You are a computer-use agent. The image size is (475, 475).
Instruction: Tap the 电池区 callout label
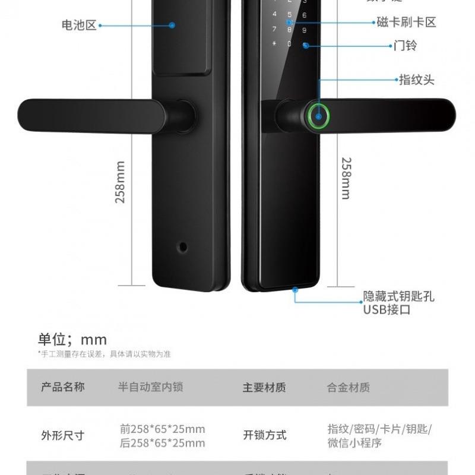pos(78,25)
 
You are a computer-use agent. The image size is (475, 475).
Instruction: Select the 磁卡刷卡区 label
pos(406,23)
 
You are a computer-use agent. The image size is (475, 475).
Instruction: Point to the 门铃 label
pos(406,45)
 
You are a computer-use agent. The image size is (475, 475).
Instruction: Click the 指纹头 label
pos(417,80)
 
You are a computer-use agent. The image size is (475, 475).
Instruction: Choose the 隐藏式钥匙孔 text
pos(398,296)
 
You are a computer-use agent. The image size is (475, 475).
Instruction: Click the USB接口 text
pos(387,309)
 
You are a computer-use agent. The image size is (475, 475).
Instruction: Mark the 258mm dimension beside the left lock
pos(120,182)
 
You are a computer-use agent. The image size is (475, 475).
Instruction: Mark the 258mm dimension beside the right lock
pos(346,178)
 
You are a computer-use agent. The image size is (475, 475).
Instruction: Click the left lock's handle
pos(89,116)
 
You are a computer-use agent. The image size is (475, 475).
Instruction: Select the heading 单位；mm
pos(72,339)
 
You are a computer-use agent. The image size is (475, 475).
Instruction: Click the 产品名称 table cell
pos(62,387)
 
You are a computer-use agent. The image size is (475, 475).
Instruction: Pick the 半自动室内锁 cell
pos(150,387)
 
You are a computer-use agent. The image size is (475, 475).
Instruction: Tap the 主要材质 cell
pos(264,387)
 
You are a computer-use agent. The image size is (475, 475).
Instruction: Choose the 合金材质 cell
pos(349,387)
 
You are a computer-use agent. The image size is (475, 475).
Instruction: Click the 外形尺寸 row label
pos(62,435)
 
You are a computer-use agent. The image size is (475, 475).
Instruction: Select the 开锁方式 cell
pos(264,435)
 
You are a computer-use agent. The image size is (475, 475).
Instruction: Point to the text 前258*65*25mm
pos(162,429)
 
